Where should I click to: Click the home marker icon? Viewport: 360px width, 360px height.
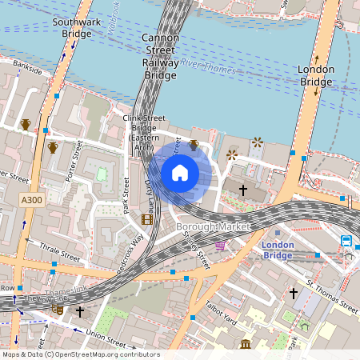coord(180,173)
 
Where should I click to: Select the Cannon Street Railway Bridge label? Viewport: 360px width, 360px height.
coord(159,57)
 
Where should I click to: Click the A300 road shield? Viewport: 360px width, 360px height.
coord(32,198)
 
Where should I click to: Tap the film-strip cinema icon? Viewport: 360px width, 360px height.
coord(147,218)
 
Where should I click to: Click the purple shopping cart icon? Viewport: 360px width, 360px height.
coord(220,246)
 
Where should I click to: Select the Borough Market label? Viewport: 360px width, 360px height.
coord(212,227)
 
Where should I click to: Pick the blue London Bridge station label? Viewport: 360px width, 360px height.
coord(278,250)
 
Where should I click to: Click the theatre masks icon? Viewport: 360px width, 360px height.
coord(58,309)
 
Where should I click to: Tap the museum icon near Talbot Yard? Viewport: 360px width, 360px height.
coord(245,344)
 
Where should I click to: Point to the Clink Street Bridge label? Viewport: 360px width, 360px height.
coord(144,132)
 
